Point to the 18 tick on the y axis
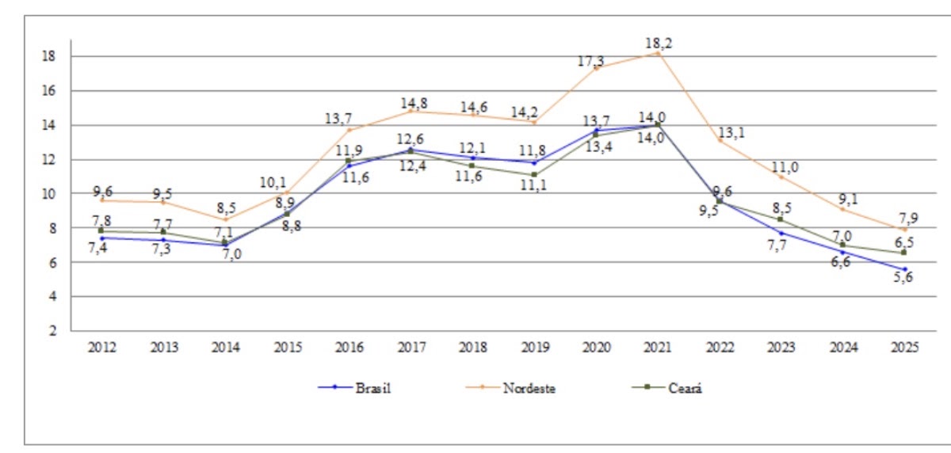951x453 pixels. tap(48, 56)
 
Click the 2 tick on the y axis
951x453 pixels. tap(52, 331)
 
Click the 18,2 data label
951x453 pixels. tap(658, 44)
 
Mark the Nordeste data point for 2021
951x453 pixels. tap(657, 53)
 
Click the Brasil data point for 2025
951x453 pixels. tap(903, 269)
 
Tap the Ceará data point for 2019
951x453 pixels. tap(534, 174)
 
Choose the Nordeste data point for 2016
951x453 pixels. tap(349, 130)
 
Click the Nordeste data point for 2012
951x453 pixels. tap(102, 200)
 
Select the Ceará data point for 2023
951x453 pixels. tap(781, 219)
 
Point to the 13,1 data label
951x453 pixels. tap(731, 132)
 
